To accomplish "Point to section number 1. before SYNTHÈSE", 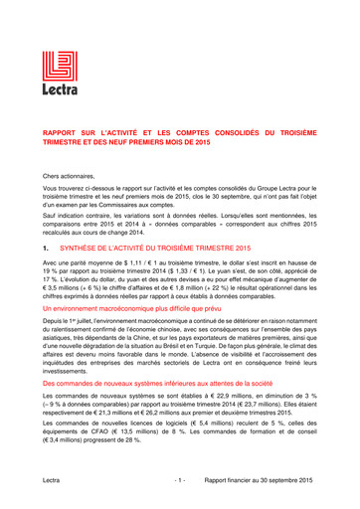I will [46, 245].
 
